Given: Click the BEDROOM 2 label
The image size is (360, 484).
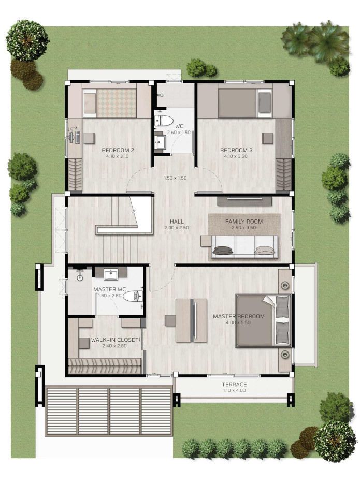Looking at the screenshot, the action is click(x=118, y=150).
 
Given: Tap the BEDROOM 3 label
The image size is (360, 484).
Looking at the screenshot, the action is click(x=236, y=150).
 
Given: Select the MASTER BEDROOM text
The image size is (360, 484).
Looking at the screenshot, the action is click(x=239, y=316).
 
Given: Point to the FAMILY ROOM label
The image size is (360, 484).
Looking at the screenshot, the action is click(x=244, y=222).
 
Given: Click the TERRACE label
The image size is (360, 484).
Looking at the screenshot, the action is click(x=234, y=384).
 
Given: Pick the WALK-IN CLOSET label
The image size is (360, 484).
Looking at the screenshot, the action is click(x=114, y=340).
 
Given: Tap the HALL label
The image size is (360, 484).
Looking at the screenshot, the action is click(x=177, y=222).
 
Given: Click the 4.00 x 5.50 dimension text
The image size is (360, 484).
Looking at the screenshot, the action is click(x=239, y=322).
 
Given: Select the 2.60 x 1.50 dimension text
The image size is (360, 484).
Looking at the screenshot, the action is click(x=179, y=133).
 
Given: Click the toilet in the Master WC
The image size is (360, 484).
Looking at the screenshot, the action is click(x=133, y=296).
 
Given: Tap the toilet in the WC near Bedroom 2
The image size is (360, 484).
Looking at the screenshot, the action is click(x=164, y=121).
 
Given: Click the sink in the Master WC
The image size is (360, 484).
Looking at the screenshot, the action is click(x=110, y=274).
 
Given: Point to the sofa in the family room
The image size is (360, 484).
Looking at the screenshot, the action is click(x=244, y=246).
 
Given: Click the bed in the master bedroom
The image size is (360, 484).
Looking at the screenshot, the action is click(x=263, y=320).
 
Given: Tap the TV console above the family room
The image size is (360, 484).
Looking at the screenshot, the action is click(x=244, y=201).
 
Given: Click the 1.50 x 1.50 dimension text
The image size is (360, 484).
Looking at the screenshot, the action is click(x=175, y=178).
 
